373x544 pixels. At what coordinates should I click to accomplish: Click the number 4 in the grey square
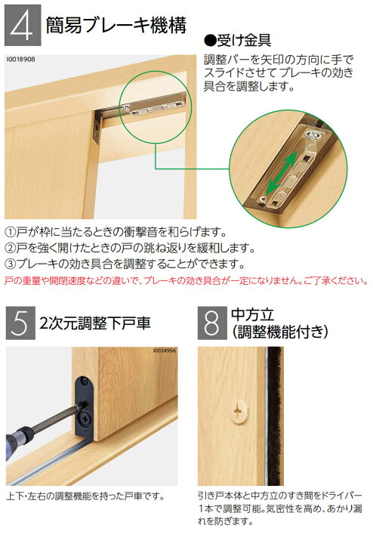22,26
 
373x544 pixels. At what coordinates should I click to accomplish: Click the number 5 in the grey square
20,323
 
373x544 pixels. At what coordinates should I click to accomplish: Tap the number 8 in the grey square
211,323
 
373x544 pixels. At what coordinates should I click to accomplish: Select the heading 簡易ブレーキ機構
116,25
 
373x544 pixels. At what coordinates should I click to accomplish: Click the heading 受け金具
237,41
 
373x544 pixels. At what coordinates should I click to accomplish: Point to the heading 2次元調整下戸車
95,323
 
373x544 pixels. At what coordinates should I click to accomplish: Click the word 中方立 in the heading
253,314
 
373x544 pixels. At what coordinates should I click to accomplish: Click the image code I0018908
20,60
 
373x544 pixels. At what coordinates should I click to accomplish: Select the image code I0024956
165,351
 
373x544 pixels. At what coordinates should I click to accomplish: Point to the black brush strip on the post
276,416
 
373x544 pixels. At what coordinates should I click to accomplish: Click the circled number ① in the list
10,231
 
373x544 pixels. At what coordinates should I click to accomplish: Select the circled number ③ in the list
10,264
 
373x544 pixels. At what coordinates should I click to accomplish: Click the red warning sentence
186,280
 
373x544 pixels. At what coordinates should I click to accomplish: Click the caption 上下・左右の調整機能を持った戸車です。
85,496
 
